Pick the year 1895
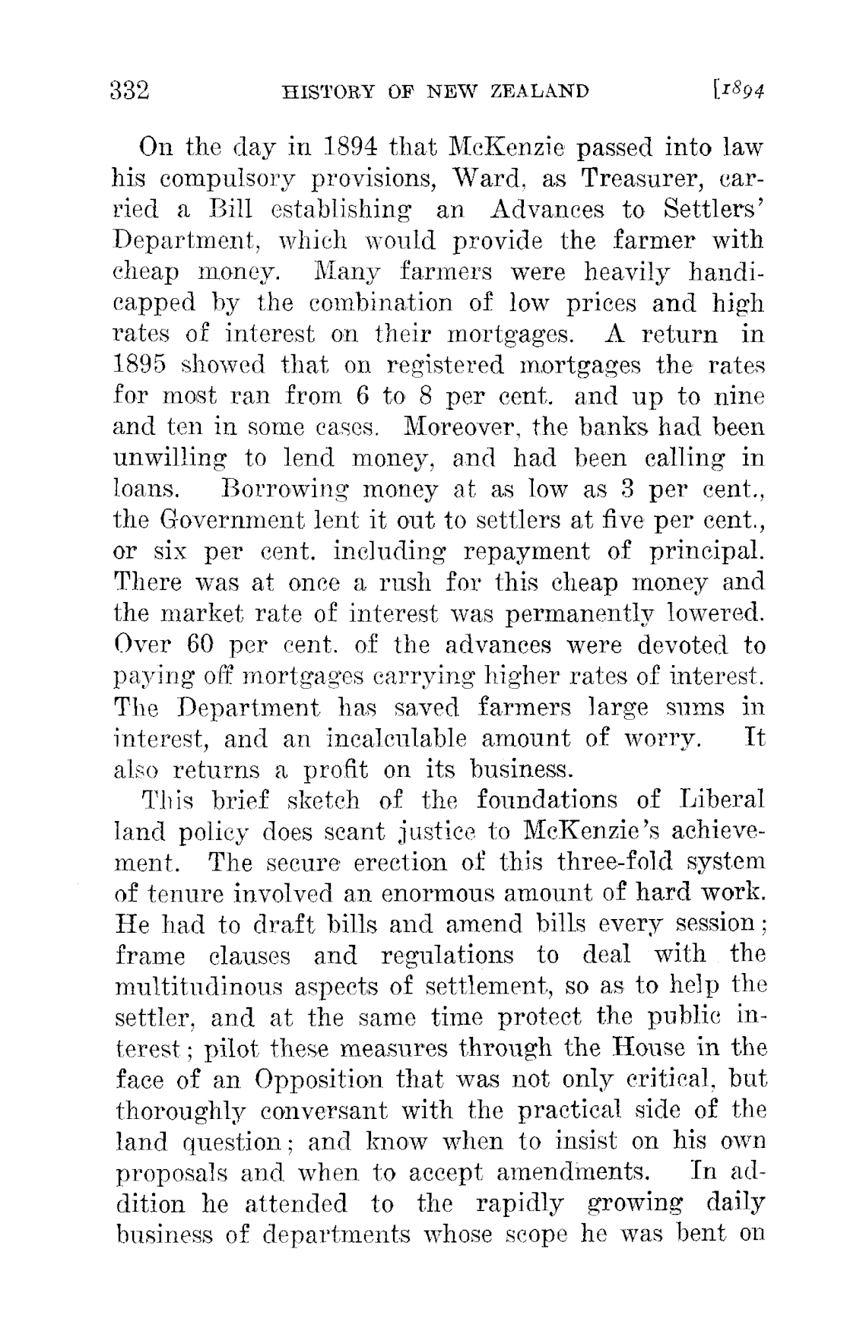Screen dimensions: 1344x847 (x=148, y=365)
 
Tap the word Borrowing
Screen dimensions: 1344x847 (x=278, y=490)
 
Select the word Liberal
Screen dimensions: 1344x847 (x=722, y=800)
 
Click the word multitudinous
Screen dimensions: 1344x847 (x=201, y=987)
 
